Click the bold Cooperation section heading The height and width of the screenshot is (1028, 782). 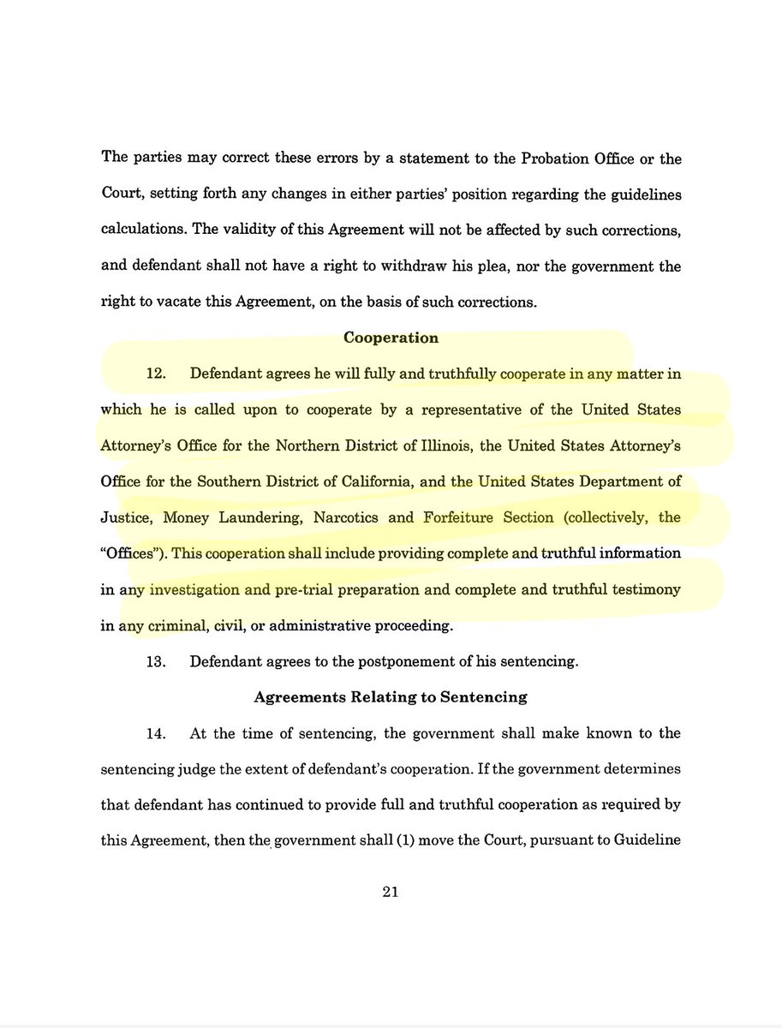[391, 338]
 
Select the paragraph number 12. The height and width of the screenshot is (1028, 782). [154, 374]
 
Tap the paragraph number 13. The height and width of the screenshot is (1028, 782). [154, 661]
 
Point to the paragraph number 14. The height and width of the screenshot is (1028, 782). [154, 733]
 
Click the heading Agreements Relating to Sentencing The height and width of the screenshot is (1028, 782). [391, 697]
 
